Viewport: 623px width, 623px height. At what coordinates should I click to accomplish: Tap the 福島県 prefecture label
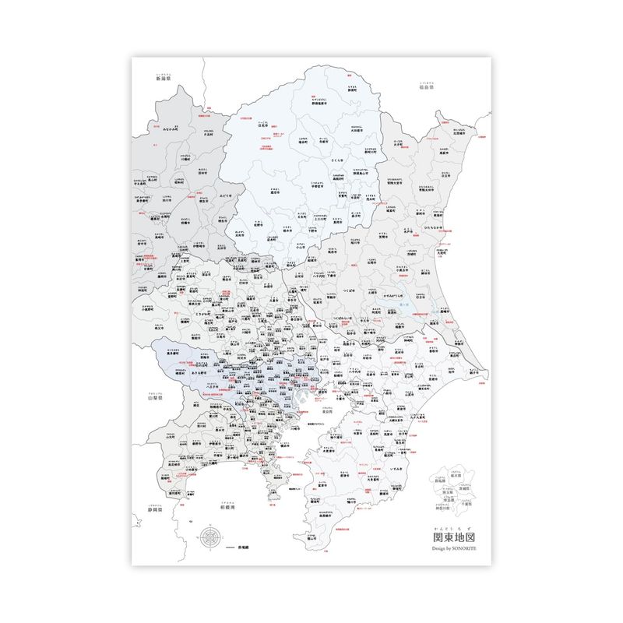pos(425,87)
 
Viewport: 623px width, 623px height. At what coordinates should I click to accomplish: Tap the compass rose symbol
pos(209,537)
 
